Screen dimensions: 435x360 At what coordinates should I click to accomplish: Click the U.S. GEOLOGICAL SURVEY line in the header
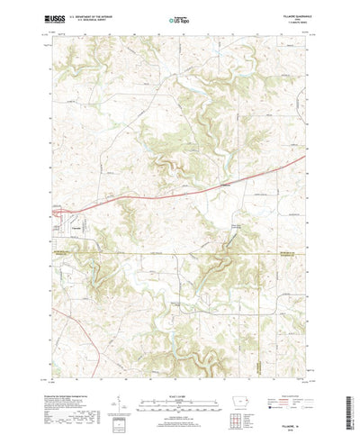pyautogui.click(x=94, y=19)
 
